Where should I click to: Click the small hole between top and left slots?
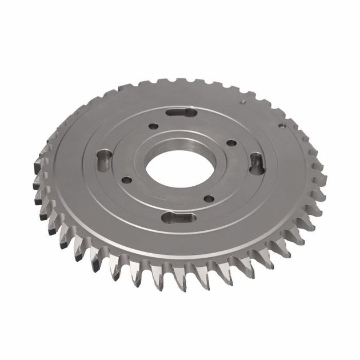click(x=153, y=126)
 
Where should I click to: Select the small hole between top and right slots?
click(x=231, y=143)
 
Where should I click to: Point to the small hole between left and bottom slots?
click(x=126, y=180)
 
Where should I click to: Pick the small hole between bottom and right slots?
click(x=209, y=199)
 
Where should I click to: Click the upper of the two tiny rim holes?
click(x=243, y=102)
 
